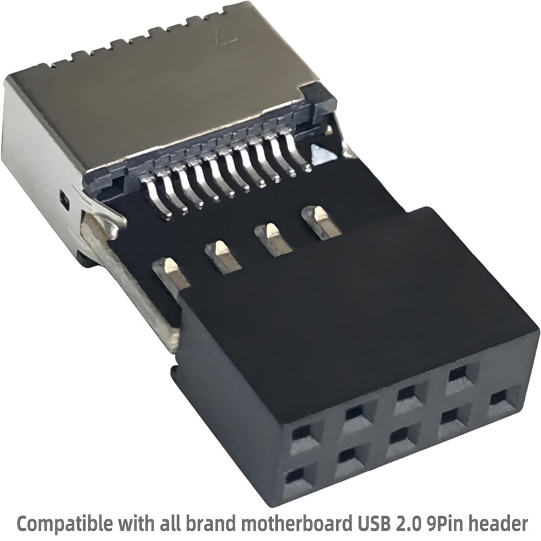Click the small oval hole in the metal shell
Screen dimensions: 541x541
click(x=64, y=199)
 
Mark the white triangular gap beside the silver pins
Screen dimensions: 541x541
click(x=319, y=152)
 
